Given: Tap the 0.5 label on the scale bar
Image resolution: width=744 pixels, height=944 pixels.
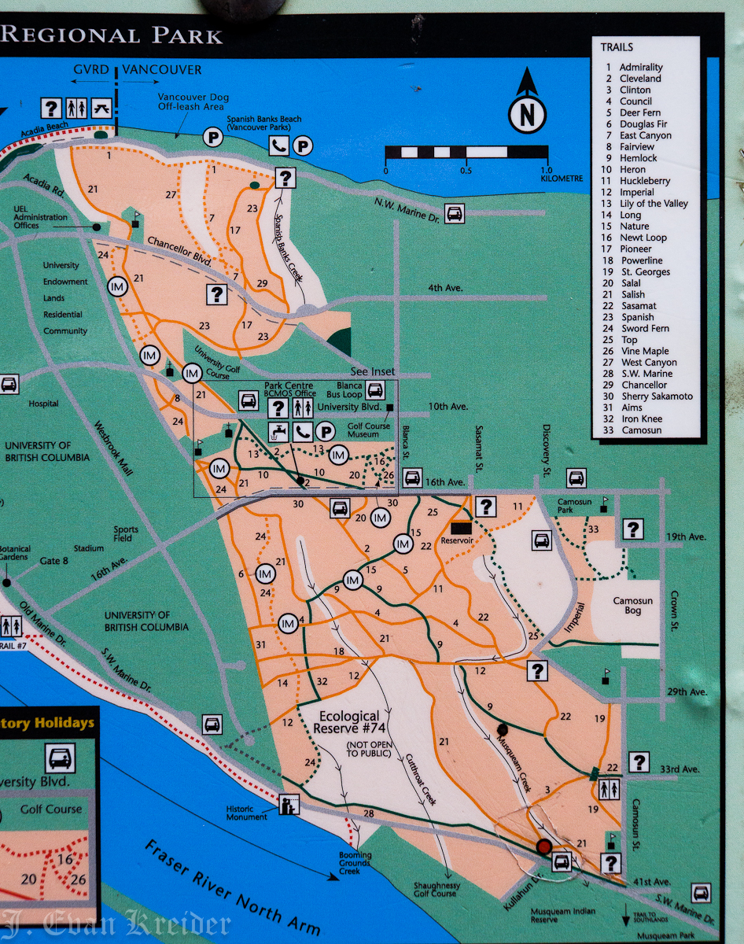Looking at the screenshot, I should tap(466, 171).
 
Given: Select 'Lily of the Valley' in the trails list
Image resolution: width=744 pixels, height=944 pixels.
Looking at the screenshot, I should tap(654, 204).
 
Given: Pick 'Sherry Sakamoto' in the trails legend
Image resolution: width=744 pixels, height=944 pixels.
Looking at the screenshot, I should tap(657, 396).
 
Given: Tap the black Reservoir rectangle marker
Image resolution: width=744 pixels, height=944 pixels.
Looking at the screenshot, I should tap(461, 528).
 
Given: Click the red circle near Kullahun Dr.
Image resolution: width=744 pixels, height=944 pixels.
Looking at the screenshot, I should tap(543, 846).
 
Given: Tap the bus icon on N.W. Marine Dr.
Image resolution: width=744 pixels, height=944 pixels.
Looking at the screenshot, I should tap(454, 213).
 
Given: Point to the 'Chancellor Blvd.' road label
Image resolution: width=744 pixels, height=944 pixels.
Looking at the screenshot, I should tap(181, 253).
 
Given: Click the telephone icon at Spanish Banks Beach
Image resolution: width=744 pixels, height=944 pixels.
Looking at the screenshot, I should tap(278, 145).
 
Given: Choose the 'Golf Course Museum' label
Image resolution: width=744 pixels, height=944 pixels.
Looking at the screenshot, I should tap(369, 430).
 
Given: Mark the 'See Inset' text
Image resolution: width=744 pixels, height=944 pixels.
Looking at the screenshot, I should tap(373, 372).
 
